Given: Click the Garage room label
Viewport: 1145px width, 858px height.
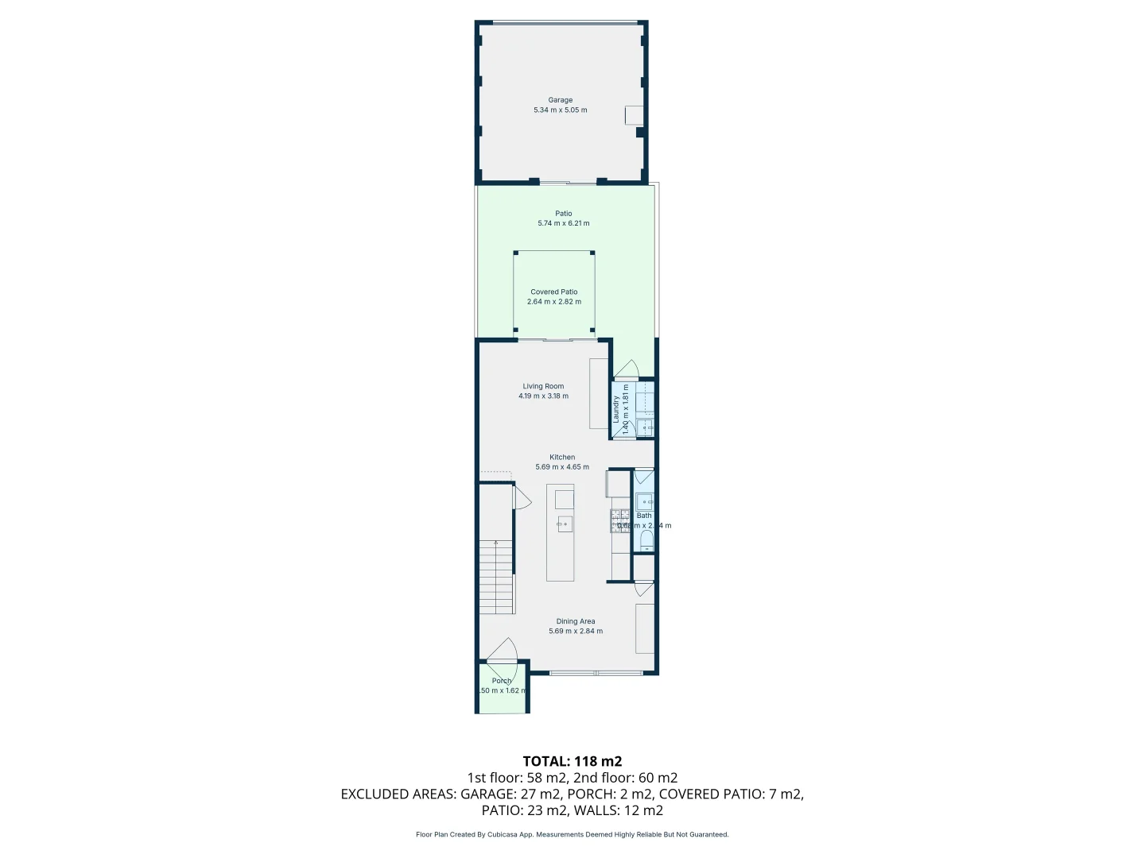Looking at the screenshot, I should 560,100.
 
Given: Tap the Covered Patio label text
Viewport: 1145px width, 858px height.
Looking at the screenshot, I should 554,292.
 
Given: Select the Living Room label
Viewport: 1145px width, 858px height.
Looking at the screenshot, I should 543,386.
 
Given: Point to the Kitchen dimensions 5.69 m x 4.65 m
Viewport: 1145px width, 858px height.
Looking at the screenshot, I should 562,467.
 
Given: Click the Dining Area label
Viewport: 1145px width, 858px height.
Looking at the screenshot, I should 576,621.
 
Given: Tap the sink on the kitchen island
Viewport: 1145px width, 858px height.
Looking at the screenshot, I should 565,524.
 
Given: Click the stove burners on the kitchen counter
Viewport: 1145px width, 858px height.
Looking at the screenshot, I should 619,521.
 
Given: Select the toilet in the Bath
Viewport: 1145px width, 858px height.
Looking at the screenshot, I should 645,543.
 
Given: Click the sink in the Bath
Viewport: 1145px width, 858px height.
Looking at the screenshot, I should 645,500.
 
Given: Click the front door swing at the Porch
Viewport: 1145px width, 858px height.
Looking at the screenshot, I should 503,651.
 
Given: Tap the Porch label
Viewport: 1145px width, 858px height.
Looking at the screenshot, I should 502,681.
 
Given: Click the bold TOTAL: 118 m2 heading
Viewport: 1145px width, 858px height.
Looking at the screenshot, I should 572,761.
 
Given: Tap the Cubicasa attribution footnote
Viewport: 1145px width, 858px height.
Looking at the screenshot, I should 572,834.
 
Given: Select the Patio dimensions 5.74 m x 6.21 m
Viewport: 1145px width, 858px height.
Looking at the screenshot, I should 564,223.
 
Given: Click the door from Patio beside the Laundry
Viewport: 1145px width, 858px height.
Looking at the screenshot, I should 627,369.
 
